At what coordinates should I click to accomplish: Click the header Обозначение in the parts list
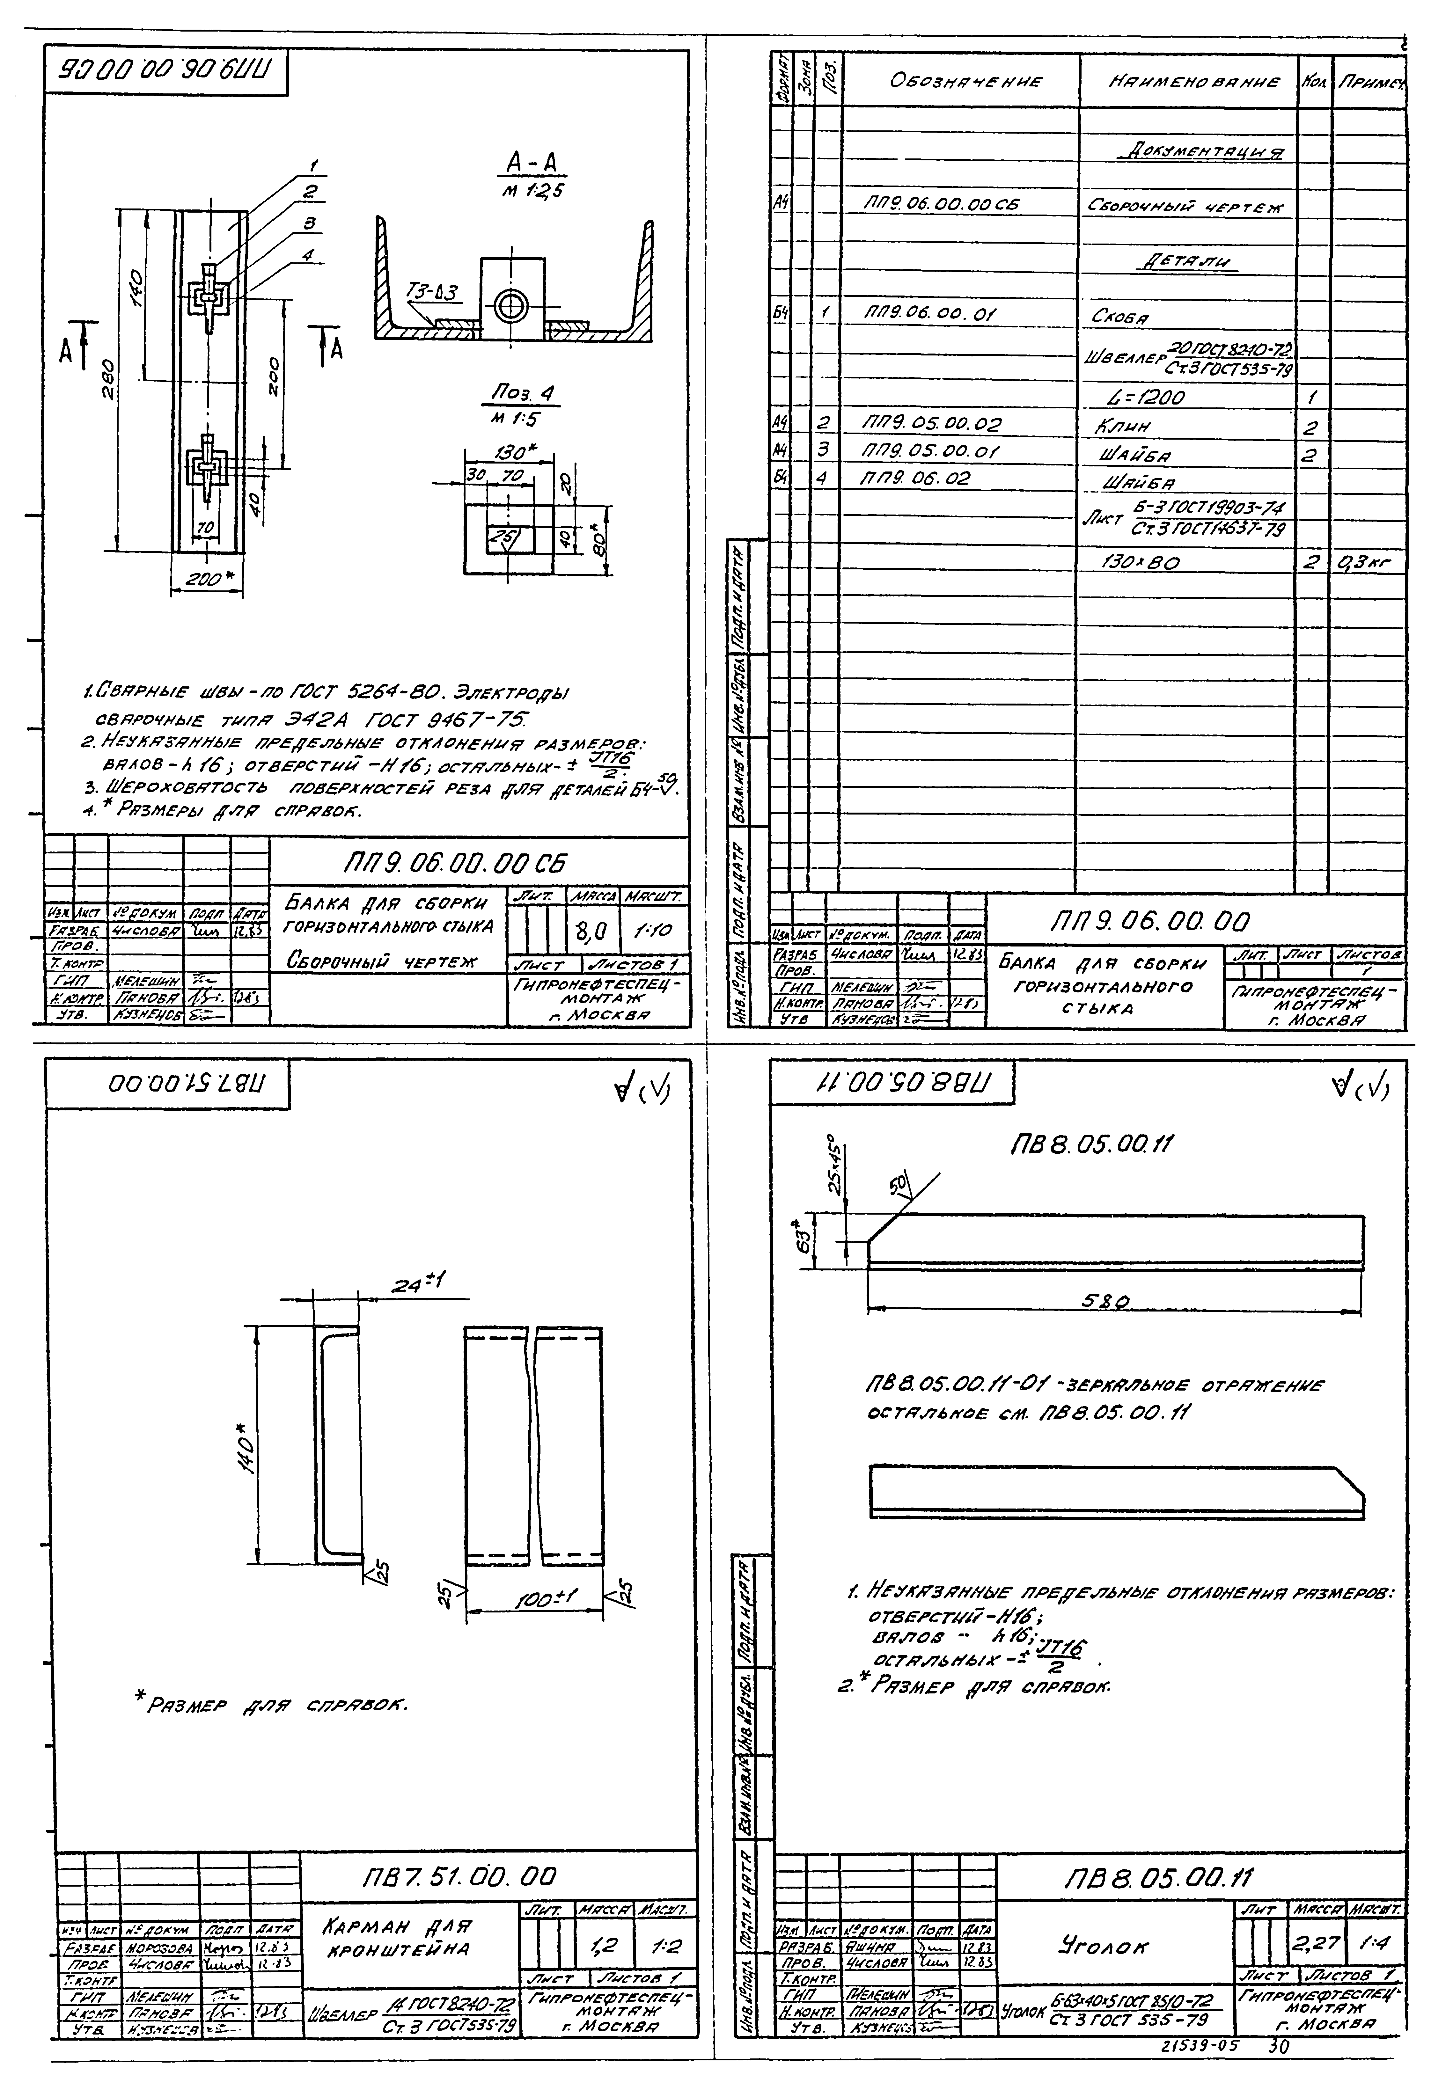click(x=965, y=81)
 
